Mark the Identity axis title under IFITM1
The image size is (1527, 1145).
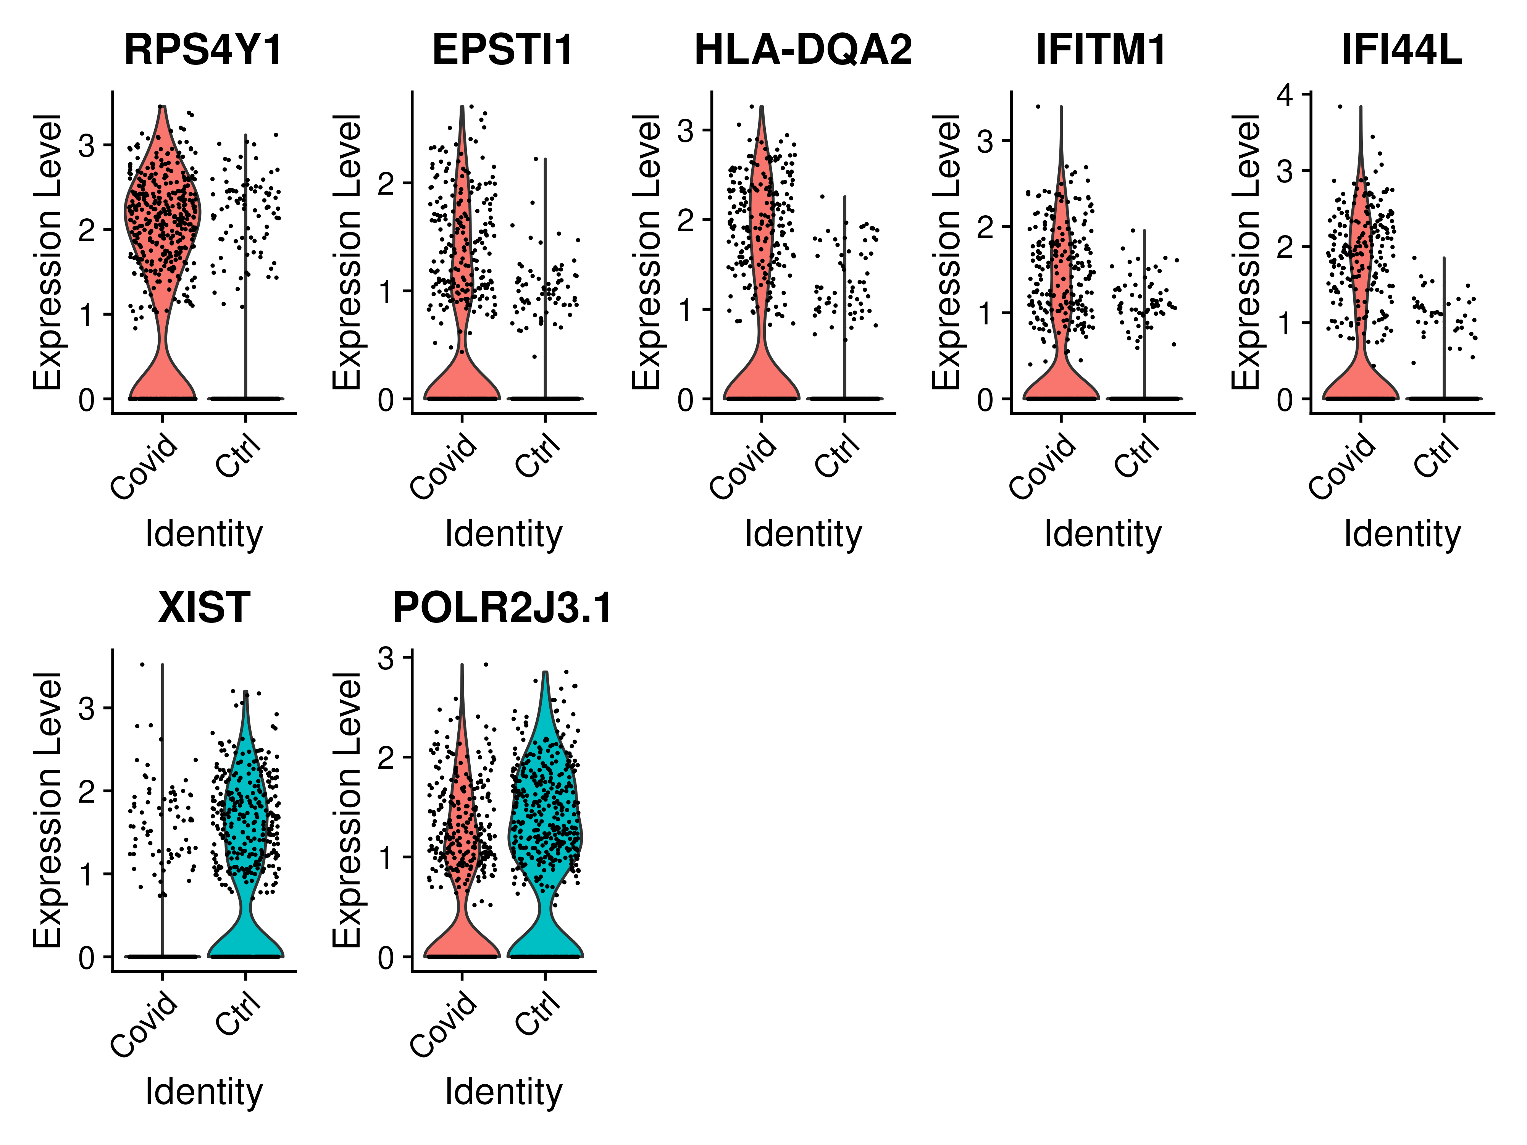click(x=1102, y=534)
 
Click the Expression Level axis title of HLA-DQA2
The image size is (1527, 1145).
click(x=647, y=252)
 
